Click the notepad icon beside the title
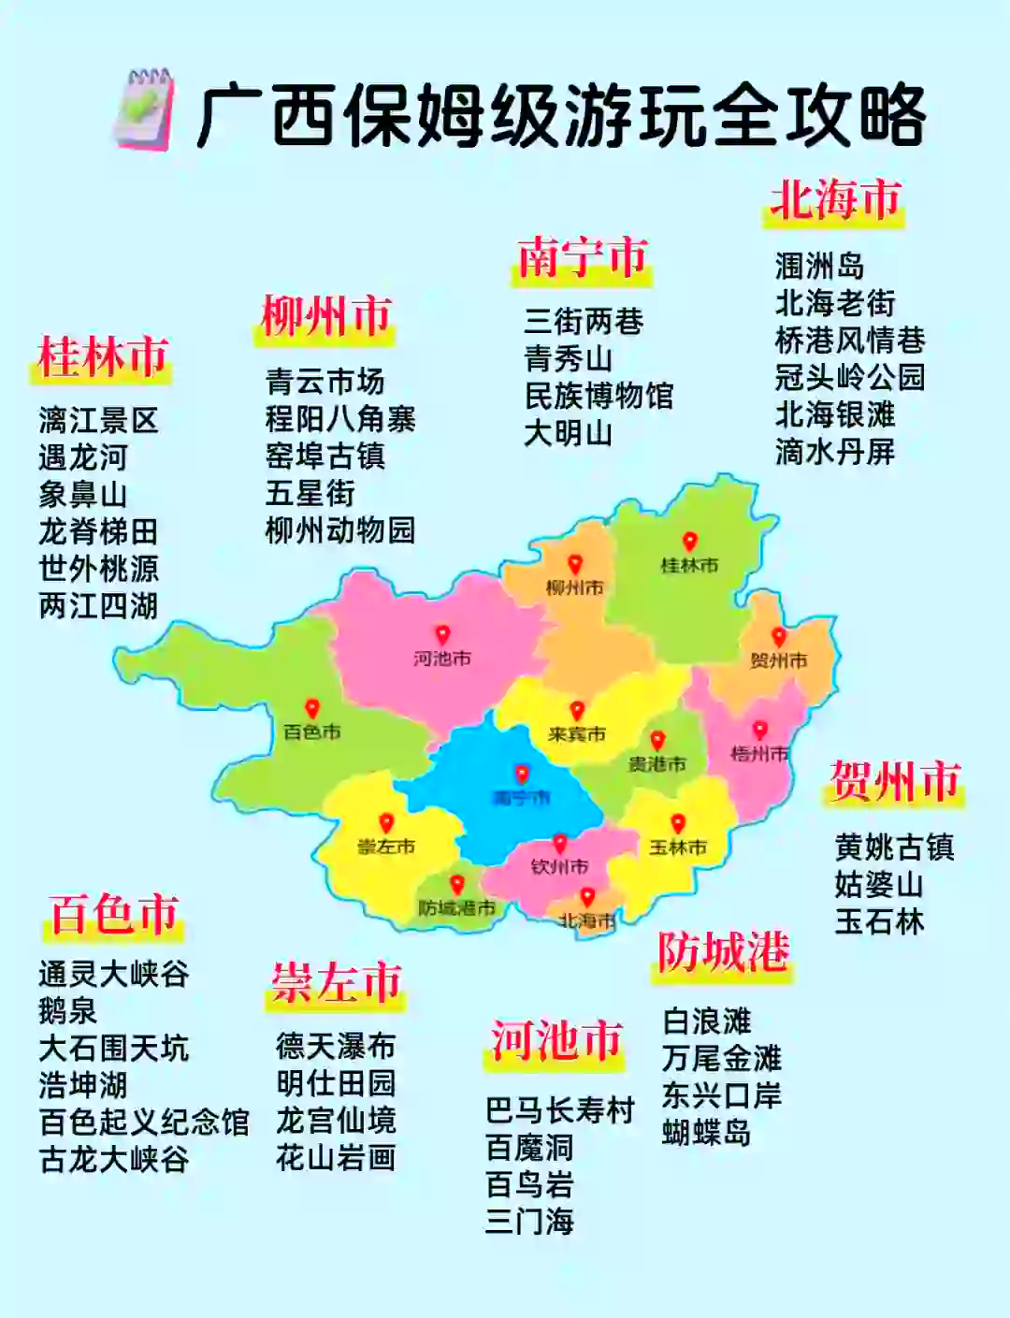pyautogui.click(x=143, y=109)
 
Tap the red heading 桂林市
pyautogui.click(x=102, y=357)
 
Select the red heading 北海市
pyautogui.click(x=835, y=200)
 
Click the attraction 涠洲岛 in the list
pyautogui.click(x=819, y=267)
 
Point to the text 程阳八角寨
pyautogui.click(x=340, y=419)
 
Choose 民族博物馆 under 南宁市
pyautogui.click(x=599, y=396)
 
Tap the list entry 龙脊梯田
pyautogui.click(x=98, y=531)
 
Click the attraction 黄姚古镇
pyautogui.click(x=894, y=847)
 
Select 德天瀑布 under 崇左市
pyautogui.click(x=336, y=1046)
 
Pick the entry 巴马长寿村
pyautogui.click(x=560, y=1110)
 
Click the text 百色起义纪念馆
pyautogui.click(x=144, y=1122)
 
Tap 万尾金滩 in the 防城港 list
pyautogui.click(x=721, y=1059)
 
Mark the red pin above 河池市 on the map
pyautogui.click(x=442, y=635)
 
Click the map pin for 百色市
pyautogui.click(x=312, y=709)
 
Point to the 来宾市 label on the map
pyautogui.click(x=577, y=734)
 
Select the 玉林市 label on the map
pyautogui.click(x=678, y=847)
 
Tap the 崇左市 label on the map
pyautogui.click(x=385, y=847)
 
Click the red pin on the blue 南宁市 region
pyautogui.click(x=522, y=774)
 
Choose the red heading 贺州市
pyautogui.click(x=895, y=781)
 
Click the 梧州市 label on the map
pyautogui.click(x=759, y=754)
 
